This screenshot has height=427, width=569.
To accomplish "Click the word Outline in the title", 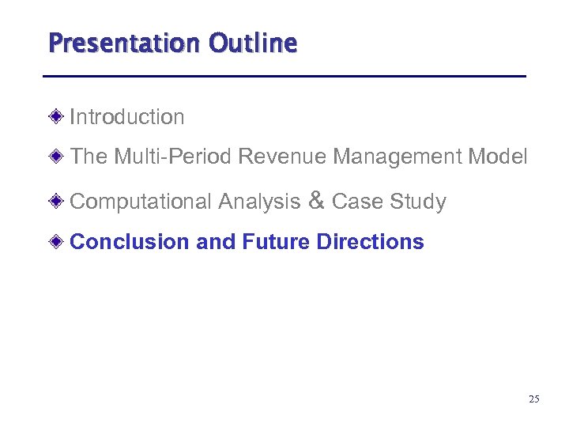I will (x=253, y=42).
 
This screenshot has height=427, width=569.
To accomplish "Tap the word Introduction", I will (x=127, y=117).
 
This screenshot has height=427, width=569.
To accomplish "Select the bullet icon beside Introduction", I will (x=58, y=117).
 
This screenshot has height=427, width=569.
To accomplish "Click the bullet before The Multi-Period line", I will (x=58, y=157).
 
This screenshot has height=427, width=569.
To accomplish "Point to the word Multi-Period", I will (x=172, y=157).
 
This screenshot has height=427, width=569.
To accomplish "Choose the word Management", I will (x=398, y=157).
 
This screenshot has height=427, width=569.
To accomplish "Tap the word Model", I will (x=497, y=157).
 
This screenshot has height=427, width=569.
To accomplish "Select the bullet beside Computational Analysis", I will (x=58, y=202).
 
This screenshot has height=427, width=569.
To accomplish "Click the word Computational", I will (x=141, y=202).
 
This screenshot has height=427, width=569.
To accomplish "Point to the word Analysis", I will (x=259, y=202).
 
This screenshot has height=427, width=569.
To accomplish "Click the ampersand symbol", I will (x=316, y=201).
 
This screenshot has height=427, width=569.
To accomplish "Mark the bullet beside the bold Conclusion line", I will (x=58, y=241).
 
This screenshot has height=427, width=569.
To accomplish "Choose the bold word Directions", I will (x=370, y=241).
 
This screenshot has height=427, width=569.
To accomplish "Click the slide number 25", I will (x=534, y=399).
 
